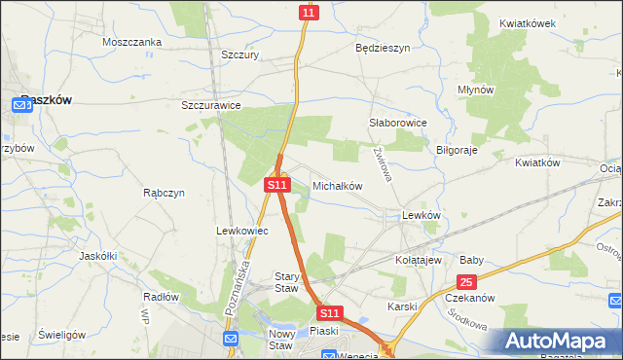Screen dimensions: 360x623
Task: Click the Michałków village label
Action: (x=337, y=185)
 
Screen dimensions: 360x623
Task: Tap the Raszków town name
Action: (x=45, y=99)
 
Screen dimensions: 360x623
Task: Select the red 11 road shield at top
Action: (x=308, y=12)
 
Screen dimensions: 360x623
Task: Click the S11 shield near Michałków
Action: (x=277, y=184)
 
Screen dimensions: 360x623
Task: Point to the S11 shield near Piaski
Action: (x=330, y=313)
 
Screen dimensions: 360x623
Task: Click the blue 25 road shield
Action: (x=466, y=282)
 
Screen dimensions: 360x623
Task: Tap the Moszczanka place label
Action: (x=131, y=43)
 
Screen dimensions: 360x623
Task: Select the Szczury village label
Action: (x=239, y=55)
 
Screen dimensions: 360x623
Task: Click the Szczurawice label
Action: (x=211, y=105)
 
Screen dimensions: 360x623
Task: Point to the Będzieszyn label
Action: (x=383, y=47)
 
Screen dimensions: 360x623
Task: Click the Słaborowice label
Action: (x=397, y=124)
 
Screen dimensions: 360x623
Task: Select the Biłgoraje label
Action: (x=458, y=151)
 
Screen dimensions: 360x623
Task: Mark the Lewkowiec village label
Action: (x=235, y=231)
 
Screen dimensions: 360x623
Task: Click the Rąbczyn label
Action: (x=164, y=193)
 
